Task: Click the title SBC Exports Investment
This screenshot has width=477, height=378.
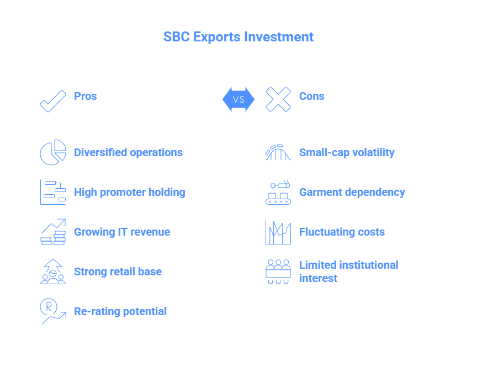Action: (238, 37)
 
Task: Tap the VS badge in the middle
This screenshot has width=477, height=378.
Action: (239, 99)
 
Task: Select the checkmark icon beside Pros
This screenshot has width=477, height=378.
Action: (53, 102)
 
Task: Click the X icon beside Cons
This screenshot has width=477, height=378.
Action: (278, 99)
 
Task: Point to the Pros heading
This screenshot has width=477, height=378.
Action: (86, 96)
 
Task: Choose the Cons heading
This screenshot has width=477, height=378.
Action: (312, 96)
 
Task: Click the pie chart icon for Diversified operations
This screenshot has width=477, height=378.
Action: (53, 152)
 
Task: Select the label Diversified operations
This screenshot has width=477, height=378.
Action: (129, 152)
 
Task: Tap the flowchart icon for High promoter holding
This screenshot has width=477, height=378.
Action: (53, 192)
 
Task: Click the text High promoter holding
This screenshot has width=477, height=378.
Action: (130, 192)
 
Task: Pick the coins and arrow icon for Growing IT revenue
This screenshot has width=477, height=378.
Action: (53, 232)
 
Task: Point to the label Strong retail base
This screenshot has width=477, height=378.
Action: (118, 271)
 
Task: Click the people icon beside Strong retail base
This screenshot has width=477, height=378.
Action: (53, 271)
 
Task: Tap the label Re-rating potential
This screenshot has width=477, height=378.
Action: (120, 311)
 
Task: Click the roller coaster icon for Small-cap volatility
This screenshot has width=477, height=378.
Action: (278, 152)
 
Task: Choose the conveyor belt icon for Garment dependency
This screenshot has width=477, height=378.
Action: (278, 192)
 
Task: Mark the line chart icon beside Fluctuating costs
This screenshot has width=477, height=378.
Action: (278, 232)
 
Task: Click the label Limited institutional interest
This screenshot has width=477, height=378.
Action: (348, 271)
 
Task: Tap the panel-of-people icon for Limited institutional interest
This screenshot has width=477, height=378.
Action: (278, 271)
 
